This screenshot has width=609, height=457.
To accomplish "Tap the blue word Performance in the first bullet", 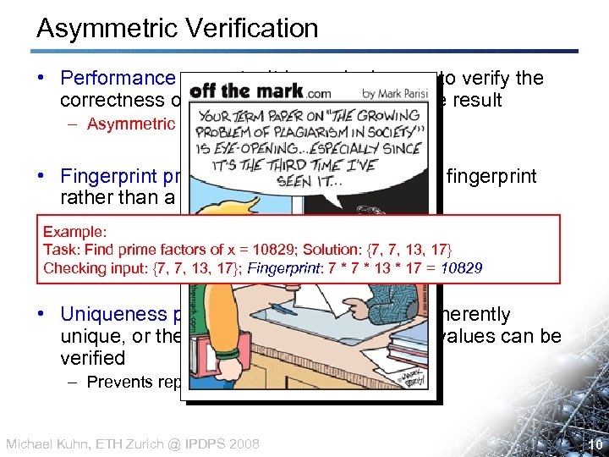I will click(x=117, y=79).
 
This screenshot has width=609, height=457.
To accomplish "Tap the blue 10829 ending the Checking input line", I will click(x=457, y=268).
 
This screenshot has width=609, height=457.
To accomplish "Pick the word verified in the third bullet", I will click(x=92, y=358).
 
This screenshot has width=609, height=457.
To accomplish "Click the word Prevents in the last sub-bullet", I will click(x=115, y=382).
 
